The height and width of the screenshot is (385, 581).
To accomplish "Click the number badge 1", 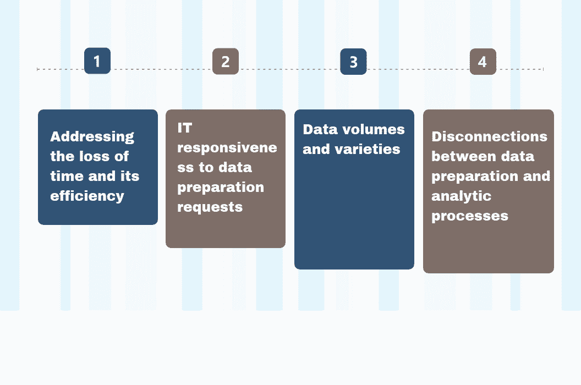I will tap(97, 61).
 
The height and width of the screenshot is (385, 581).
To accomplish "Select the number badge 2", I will tap(226, 62).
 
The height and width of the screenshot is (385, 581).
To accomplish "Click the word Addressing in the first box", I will tap(92, 136).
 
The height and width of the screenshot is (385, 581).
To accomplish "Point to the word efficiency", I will tap(87, 196).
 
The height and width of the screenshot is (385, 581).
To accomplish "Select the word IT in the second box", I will tap(185, 128).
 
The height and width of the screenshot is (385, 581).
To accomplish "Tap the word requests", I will tap(210, 207).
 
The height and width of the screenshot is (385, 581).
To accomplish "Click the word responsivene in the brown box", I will tap(227, 147).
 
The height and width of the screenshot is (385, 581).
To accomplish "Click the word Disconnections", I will tap(489, 136).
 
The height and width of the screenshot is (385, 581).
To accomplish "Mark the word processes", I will tap(469, 216).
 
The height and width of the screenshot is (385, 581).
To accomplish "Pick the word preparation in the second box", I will tap(221, 187).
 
